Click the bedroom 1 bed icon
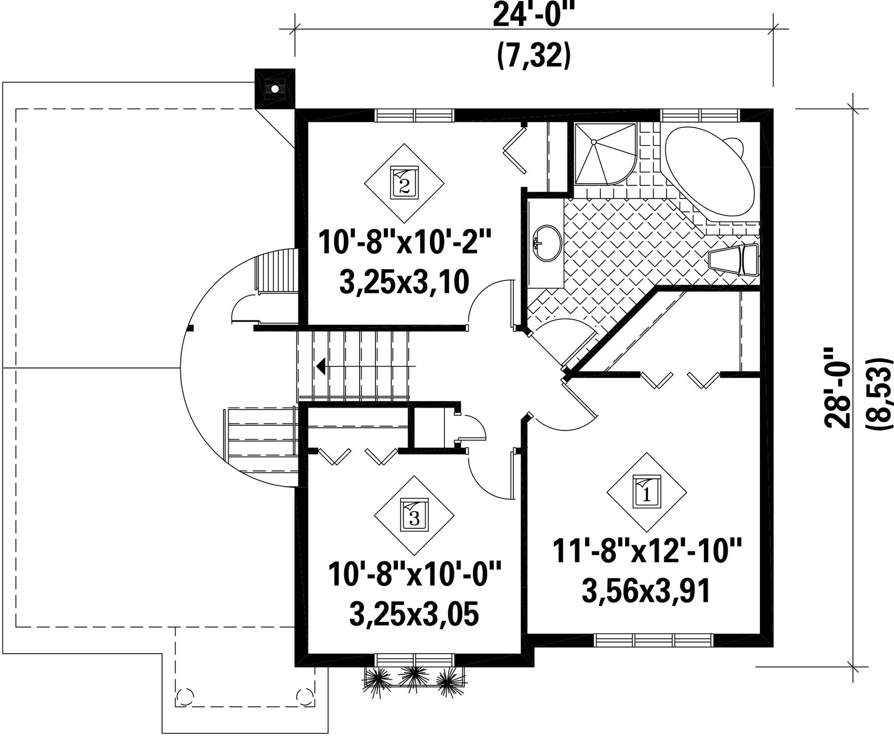click(x=647, y=492)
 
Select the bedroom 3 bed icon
click(x=414, y=515)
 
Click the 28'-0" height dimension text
click(x=837, y=387)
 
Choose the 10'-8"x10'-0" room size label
click(x=414, y=574)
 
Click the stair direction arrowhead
click(x=321, y=367)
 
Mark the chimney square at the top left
click(x=275, y=89)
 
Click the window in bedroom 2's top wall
click(x=415, y=115)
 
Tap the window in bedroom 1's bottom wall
click(x=654, y=640)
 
